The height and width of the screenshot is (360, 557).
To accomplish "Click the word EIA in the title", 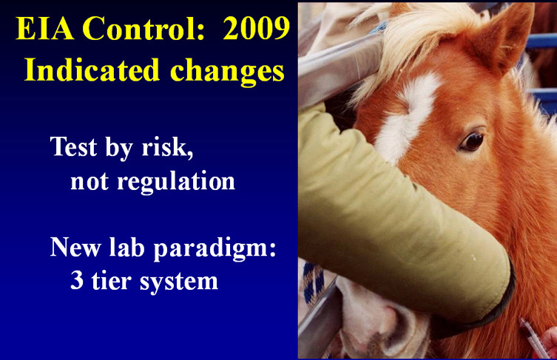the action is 45,28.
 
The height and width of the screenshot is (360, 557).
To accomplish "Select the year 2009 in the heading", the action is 256,28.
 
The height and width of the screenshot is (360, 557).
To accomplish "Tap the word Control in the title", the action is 144,28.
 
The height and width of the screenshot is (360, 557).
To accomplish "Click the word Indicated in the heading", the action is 92,69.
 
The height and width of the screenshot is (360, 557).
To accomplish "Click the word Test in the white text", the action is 73,146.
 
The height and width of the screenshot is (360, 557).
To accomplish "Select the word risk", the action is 168,146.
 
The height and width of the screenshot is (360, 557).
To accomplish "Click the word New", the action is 75,247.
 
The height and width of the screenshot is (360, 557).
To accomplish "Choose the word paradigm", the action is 215,248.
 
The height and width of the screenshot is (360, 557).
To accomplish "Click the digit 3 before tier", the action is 77,280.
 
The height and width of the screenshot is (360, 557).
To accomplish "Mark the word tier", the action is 112,280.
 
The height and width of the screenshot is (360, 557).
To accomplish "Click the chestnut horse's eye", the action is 472,141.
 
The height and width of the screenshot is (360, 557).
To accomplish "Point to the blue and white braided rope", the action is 314,284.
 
